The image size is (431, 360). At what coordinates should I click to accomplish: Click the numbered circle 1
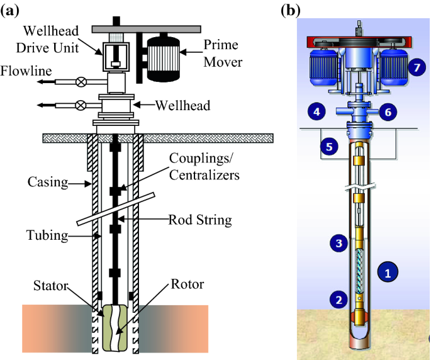click(388, 273)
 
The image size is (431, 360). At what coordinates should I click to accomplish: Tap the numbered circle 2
click(340, 299)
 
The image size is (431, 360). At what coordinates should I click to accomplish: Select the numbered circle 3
click(339, 242)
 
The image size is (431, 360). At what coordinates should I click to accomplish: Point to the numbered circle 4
click(317, 112)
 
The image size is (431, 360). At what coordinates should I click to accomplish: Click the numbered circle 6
click(388, 112)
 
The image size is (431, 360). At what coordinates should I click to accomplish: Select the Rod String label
click(200, 220)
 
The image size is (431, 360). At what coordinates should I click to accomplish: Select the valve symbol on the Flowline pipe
click(81, 82)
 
